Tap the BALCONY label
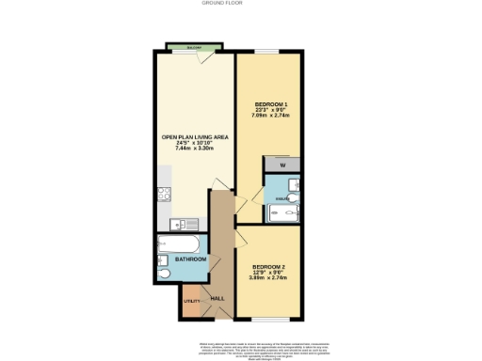[193, 46]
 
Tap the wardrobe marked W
[282, 165]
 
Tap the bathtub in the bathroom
[179, 243]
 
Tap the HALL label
[217, 298]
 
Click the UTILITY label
[191, 301]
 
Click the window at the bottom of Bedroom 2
[268, 319]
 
